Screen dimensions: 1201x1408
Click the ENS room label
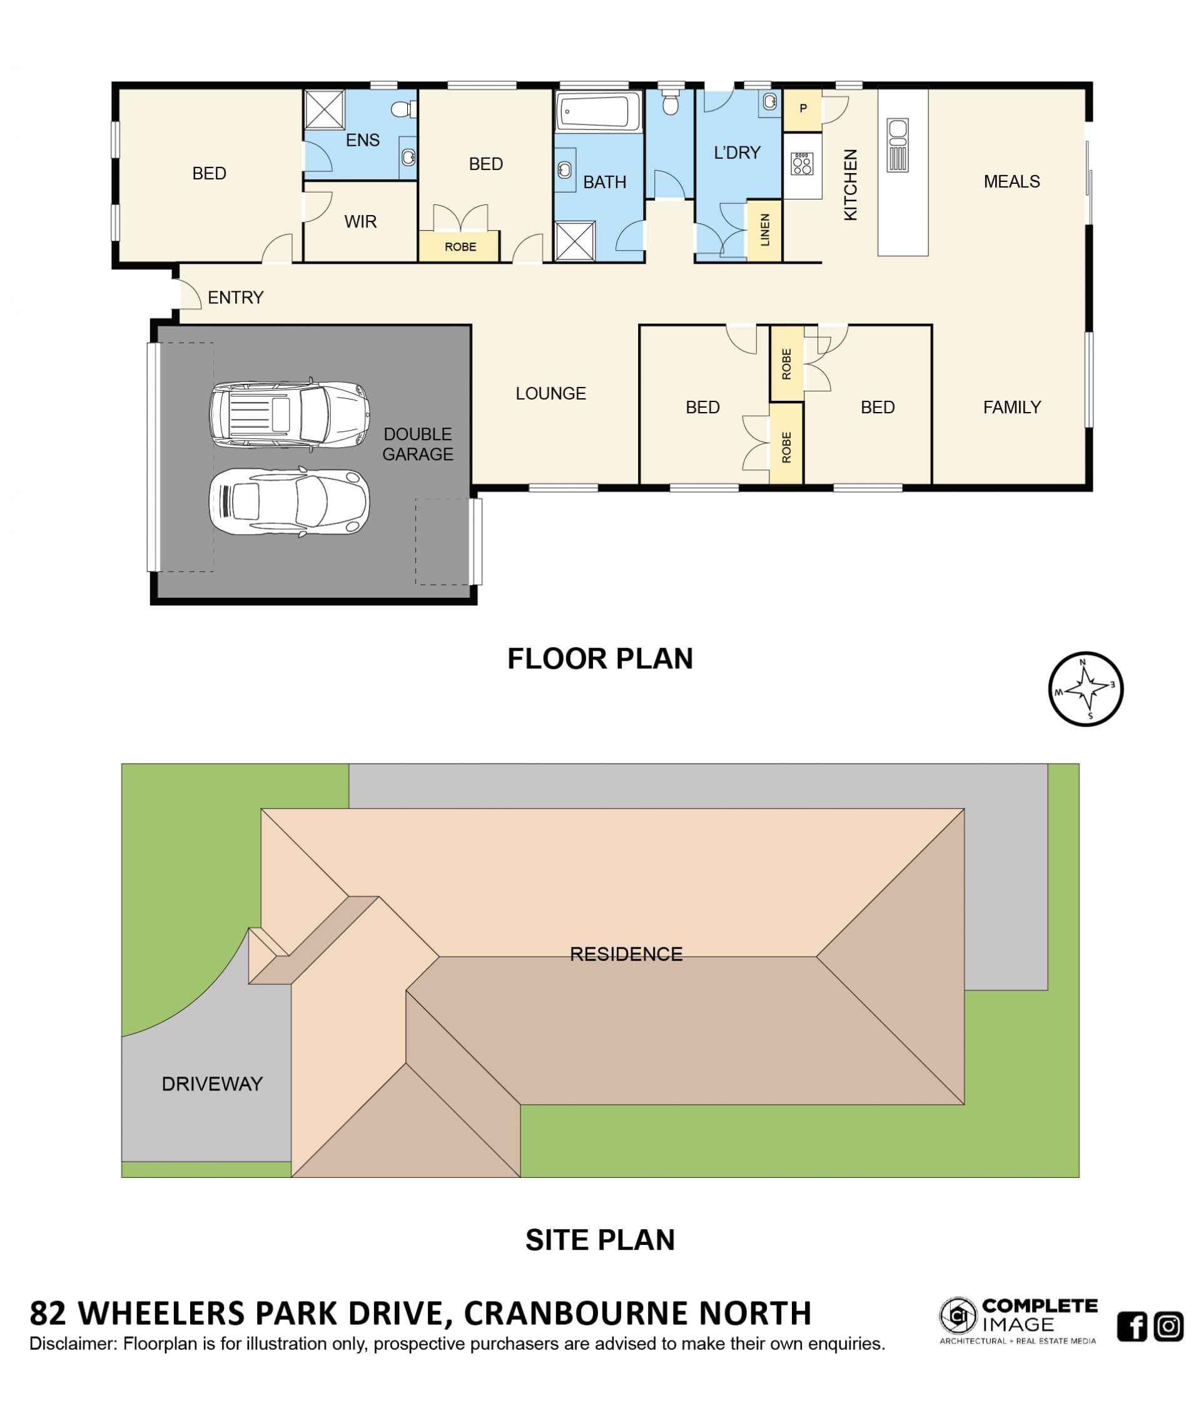362,140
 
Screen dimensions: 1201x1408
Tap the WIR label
360,221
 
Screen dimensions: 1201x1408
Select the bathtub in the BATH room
598,111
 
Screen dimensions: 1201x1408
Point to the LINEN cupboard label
764,229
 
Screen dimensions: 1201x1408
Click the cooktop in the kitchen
802,164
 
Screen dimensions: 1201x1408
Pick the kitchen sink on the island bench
897,145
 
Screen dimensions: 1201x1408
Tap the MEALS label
1011,181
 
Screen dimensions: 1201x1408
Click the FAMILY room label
1011,407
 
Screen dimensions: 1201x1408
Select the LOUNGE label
550,393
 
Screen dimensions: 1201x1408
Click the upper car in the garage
290,414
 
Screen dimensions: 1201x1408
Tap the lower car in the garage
290,501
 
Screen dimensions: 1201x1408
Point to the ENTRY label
235,298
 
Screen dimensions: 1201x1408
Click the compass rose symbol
1085,689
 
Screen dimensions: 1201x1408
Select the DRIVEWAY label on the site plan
212,1084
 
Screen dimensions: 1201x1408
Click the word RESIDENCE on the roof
626,954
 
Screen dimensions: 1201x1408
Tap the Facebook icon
1132,1325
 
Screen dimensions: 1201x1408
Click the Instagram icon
1168,1325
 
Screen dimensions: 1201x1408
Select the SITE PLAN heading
600,1240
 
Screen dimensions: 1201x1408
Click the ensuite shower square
324,109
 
